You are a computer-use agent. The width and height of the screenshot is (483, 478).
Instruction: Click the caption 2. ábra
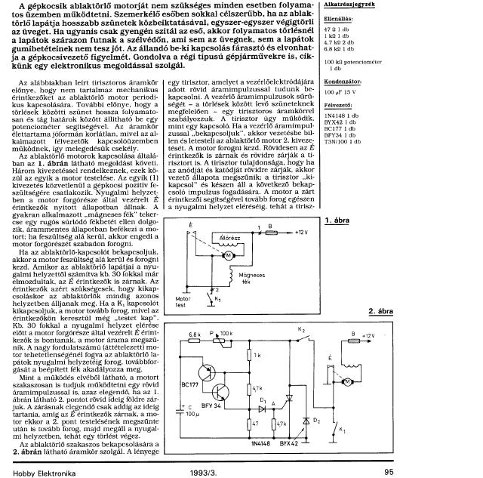382,312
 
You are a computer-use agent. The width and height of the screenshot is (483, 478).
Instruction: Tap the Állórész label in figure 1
228,236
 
